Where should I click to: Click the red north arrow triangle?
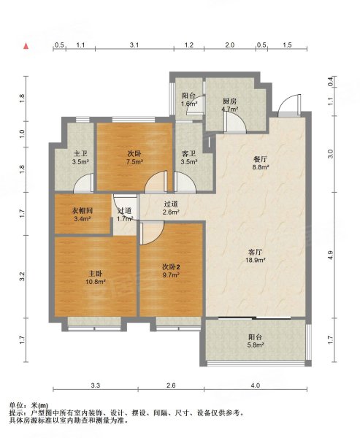(26, 46)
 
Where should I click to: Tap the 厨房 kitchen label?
(230, 101)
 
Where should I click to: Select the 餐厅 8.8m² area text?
(260, 167)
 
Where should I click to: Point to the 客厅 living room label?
(255, 253)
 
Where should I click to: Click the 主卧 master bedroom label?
(95, 273)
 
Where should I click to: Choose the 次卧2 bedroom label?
(171, 267)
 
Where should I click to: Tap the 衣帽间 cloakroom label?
(83, 211)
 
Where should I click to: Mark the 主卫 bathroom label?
(80, 153)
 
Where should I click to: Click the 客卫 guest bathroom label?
(188, 153)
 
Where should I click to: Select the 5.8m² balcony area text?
(256, 345)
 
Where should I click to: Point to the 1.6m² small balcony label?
(189, 104)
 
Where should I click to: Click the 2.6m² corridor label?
(171, 212)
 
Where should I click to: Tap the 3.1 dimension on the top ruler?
(134, 45)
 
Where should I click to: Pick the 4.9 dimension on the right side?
(331, 255)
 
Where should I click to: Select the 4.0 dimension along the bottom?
(255, 385)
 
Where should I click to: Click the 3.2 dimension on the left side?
(23, 277)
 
